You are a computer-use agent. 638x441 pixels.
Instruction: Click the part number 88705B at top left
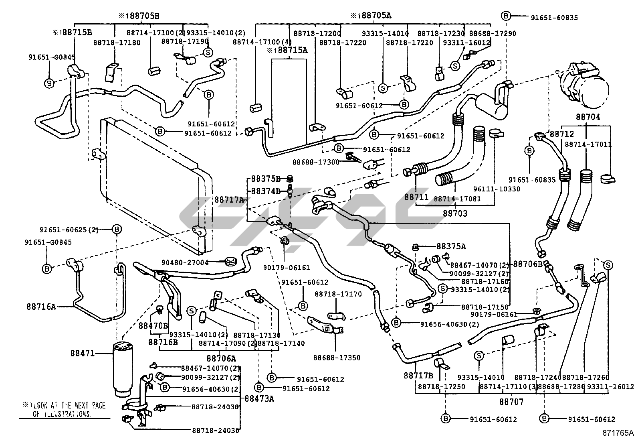point(139,16)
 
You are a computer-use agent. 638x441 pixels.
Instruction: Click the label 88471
point(83,354)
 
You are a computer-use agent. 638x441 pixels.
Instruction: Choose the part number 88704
point(588,117)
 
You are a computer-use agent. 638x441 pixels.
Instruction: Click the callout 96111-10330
point(497,189)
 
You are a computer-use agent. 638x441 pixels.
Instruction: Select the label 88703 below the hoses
point(455,213)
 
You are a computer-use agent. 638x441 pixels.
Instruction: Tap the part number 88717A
point(229,199)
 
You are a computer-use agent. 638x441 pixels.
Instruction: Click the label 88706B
point(527,264)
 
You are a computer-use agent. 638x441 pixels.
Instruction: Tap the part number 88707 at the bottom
point(511,401)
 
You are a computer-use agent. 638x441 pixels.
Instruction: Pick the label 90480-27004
point(185,262)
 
